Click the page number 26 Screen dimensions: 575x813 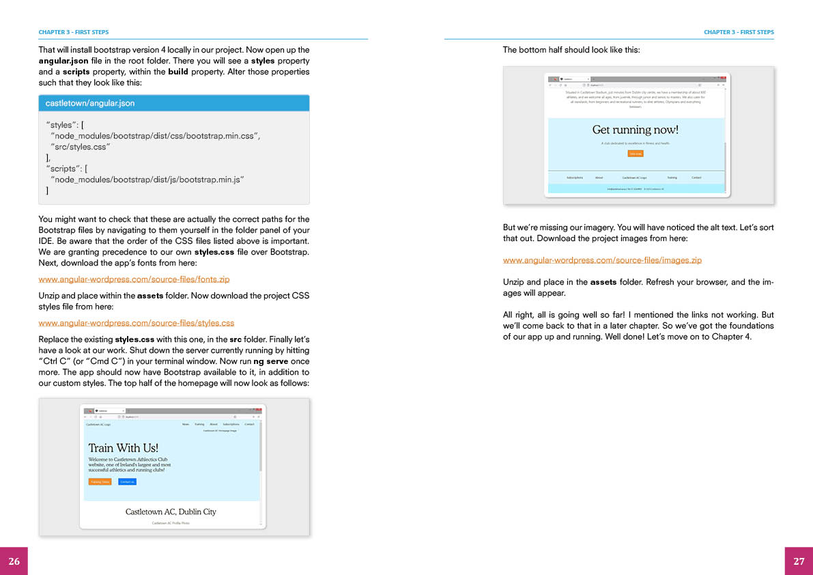(x=14, y=561)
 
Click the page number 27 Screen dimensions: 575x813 (x=799, y=561)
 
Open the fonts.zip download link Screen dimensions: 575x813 (x=134, y=279)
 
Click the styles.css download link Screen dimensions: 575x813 (x=136, y=323)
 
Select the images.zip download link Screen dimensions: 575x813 (x=602, y=260)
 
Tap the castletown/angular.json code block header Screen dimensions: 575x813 (x=90, y=103)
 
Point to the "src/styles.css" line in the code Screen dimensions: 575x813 (x=81, y=147)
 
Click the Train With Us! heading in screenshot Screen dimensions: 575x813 (x=123, y=448)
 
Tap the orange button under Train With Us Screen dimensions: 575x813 (x=100, y=482)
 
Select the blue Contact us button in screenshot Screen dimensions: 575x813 (x=127, y=482)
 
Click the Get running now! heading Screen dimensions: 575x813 (x=635, y=130)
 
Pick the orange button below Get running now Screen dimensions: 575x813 (x=635, y=154)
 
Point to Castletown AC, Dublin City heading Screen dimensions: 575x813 (x=171, y=511)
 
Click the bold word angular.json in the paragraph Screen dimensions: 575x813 (x=63, y=61)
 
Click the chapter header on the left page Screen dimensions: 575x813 (x=74, y=32)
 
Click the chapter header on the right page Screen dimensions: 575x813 (x=739, y=32)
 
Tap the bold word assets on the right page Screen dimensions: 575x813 (x=603, y=282)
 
